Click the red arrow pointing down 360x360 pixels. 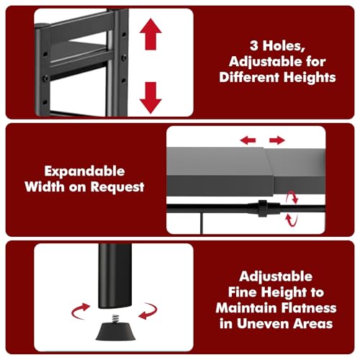(150, 96)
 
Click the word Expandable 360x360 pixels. (84, 172)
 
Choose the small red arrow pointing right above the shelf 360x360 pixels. (276, 140)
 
